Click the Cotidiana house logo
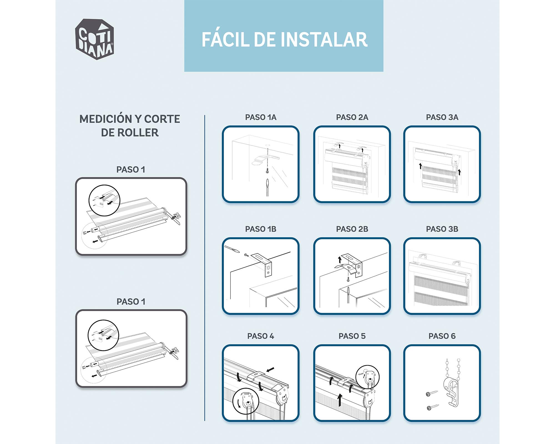click(94, 39)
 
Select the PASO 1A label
click(261, 117)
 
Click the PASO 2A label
click(352, 117)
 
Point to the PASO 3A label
click(442, 117)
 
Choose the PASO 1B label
click(261, 229)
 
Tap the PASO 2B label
click(352, 229)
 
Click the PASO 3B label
click(442, 229)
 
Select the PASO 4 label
click(261, 336)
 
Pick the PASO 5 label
click(352, 336)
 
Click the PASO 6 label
click(442, 336)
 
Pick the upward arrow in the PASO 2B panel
click(340, 260)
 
